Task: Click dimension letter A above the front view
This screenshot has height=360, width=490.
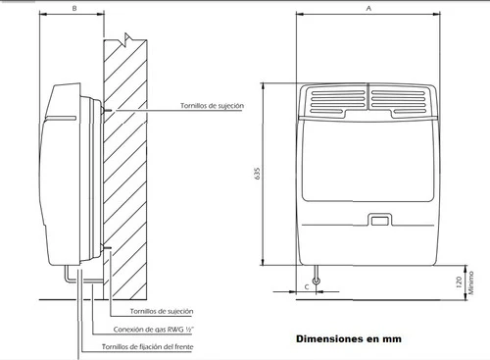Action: click(x=368, y=9)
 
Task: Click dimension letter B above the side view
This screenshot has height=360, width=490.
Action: click(x=74, y=9)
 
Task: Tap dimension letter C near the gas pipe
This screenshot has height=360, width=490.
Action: click(x=307, y=287)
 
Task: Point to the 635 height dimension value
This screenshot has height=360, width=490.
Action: click(x=257, y=174)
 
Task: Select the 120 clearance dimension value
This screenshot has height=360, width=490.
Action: click(x=459, y=283)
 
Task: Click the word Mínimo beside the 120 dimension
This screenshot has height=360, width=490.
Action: click(x=470, y=283)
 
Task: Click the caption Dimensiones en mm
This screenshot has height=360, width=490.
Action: click(x=349, y=338)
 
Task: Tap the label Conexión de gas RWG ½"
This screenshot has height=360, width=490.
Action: click(x=153, y=330)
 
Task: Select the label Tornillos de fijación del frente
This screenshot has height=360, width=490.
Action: click(x=147, y=346)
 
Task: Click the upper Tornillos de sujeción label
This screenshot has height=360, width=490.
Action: click(x=212, y=106)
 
